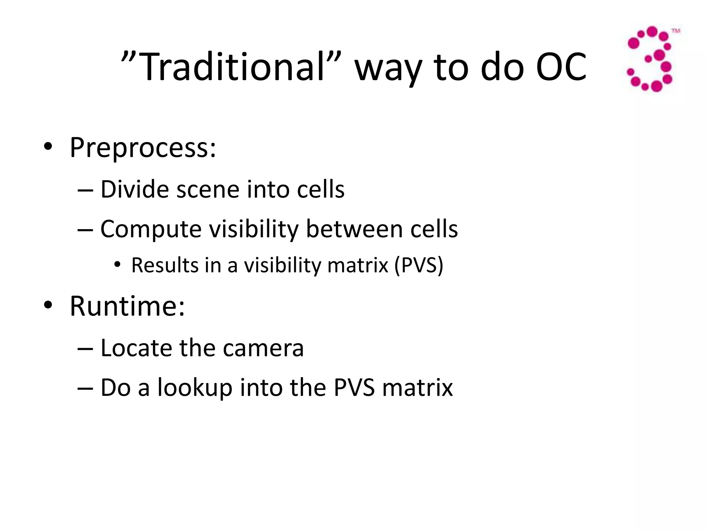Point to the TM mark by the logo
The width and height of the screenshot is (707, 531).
click(676, 31)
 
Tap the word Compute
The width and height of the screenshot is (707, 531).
click(151, 229)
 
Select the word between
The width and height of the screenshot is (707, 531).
click(354, 229)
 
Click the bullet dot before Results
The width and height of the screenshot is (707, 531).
click(118, 265)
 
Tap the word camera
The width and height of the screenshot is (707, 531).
click(263, 348)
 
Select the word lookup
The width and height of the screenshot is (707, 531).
click(195, 388)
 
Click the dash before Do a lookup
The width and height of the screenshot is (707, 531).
click(85, 388)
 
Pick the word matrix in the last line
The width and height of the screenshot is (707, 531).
click(417, 388)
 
